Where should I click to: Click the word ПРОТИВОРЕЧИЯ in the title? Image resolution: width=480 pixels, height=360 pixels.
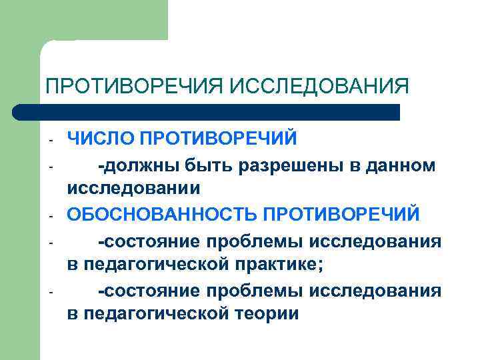133,87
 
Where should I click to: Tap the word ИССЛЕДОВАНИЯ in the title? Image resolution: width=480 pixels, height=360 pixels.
319,87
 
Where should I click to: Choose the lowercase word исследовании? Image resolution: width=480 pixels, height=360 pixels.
133,189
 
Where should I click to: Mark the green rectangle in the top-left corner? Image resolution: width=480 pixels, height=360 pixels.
100,20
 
